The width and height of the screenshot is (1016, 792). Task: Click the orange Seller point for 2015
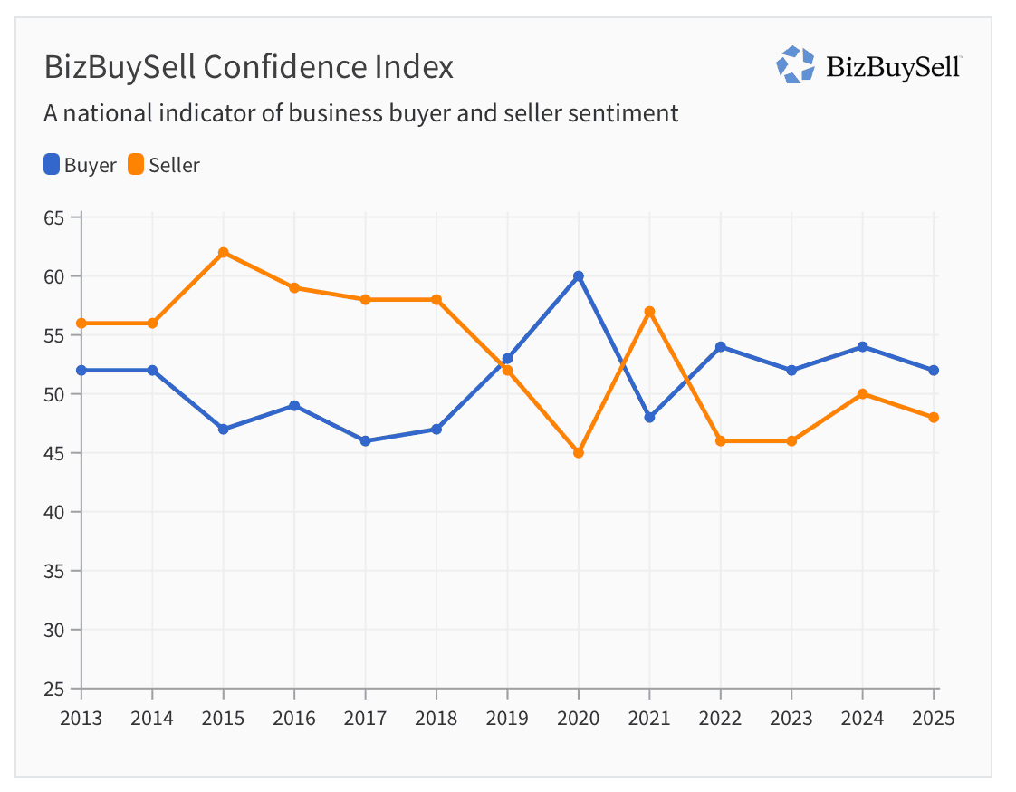pyautogui.click(x=223, y=253)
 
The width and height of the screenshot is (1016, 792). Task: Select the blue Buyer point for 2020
pyautogui.click(x=579, y=276)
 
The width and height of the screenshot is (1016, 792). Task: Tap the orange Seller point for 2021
pyautogui.click(x=649, y=312)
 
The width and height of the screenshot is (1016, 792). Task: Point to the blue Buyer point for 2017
pyautogui.click(x=365, y=441)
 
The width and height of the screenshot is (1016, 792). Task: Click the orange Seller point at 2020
pyautogui.click(x=579, y=453)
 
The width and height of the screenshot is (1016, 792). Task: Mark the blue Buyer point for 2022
pyautogui.click(x=721, y=347)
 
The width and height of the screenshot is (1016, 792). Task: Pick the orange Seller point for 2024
pyautogui.click(x=863, y=394)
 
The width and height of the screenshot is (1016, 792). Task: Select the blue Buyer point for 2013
pyautogui.click(x=81, y=371)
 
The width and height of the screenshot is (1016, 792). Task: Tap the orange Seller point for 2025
pyautogui.click(x=934, y=418)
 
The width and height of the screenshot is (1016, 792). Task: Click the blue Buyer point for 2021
pyautogui.click(x=649, y=418)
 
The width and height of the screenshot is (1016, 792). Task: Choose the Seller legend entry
pyautogui.click(x=164, y=165)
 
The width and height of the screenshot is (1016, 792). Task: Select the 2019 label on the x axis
pyautogui.click(x=507, y=719)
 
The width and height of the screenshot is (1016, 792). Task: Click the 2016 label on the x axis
pyautogui.click(x=293, y=719)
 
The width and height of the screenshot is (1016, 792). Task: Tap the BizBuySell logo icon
pyautogui.click(x=795, y=65)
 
